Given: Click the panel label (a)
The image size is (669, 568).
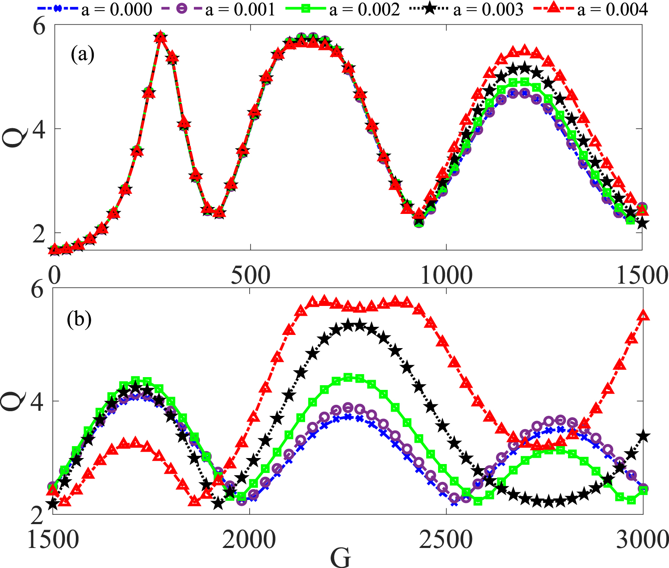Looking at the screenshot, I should pos(83,55).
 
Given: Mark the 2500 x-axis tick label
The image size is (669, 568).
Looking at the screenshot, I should pos(446,540).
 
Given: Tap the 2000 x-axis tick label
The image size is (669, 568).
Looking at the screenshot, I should pos(250,540).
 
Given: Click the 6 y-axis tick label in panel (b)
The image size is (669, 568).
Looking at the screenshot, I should pos(37,290).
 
